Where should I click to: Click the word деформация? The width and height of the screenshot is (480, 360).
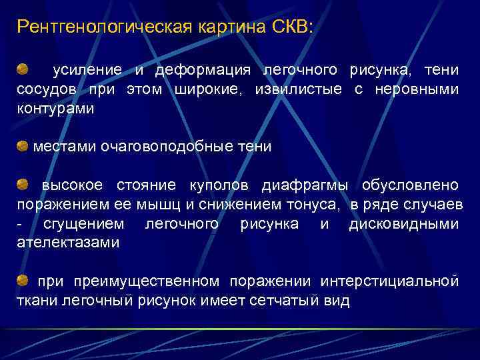pos(203,71)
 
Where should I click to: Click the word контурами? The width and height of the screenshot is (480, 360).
pos(55,108)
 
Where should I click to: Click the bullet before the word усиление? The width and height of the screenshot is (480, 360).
pos(23,69)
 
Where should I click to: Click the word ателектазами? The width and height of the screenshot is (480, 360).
pos(67,243)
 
